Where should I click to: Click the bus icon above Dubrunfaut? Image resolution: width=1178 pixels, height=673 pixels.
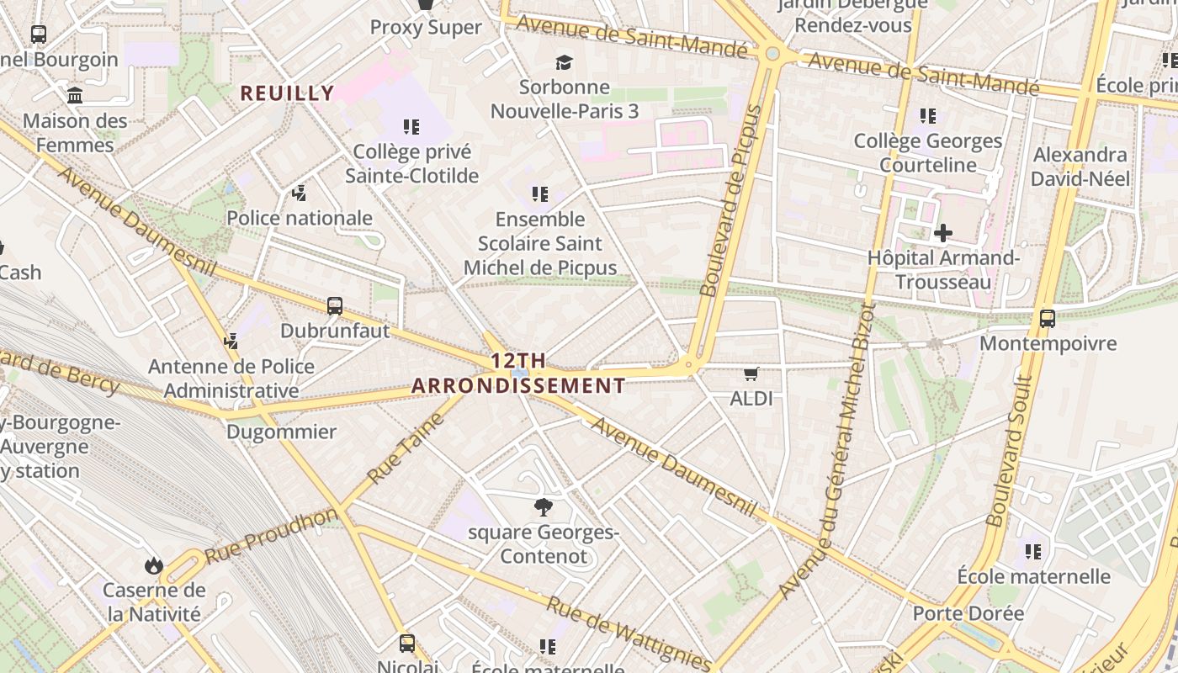coord(335,306)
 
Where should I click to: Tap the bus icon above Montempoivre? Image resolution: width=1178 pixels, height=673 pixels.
coord(1048,319)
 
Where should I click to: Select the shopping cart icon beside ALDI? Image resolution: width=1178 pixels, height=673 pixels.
coord(751,374)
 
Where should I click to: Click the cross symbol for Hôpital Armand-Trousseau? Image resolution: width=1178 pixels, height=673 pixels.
coord(943,233)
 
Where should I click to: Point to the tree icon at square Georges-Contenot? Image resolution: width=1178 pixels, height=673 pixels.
coord(544,506)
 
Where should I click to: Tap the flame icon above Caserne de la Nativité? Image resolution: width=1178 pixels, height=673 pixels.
coord(154,564)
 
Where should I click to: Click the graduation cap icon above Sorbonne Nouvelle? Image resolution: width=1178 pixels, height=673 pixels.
coord(563,62)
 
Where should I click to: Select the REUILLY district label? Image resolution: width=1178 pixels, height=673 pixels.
coord(288,93)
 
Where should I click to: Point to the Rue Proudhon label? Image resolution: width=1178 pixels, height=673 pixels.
coord(271,536)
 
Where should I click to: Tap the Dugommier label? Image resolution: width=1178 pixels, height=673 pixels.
coord(281,432)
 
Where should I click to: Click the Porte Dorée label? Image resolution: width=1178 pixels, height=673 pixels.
coord(968,613)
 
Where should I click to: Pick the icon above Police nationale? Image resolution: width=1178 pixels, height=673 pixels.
coord(299,194)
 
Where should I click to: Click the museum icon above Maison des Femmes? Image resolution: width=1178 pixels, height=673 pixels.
coord(75,96)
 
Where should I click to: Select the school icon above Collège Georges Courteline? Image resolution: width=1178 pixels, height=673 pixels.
coord(928,116)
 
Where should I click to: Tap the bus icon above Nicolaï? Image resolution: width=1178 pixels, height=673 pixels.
coord(407,644)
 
